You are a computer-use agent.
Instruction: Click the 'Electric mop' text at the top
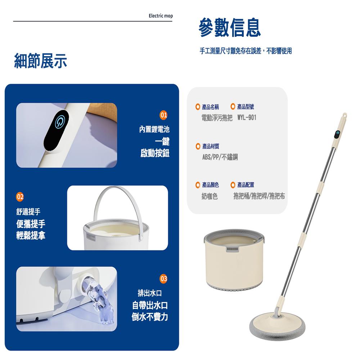(161, 16)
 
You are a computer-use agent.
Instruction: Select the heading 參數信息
(230, 28)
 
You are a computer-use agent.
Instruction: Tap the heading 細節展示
(40, 61)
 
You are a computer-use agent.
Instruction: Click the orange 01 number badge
(163, 115)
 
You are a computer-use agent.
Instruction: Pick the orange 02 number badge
(20, 197)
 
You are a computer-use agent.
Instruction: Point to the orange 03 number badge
(163, 279)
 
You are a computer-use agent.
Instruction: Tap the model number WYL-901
(247, 118)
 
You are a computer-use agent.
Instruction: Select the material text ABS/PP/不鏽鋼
(220, 157)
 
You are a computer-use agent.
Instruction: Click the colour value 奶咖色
(210, 196)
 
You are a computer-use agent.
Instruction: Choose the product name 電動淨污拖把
(217, 118)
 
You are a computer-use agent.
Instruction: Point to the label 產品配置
(246, 185)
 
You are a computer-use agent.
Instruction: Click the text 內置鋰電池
(154, 129)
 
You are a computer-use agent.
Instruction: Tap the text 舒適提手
(28, 212)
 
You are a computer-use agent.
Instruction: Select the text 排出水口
(150, 293)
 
